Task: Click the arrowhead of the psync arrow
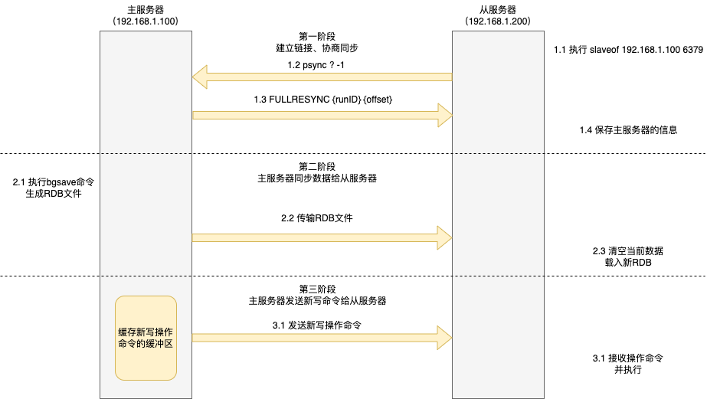point(201,77)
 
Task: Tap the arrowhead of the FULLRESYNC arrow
point(444,115)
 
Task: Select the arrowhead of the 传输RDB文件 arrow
point(444,237)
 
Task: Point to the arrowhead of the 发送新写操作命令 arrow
point(444,337)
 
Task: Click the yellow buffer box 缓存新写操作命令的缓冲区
point(146,338)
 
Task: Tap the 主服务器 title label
point(146,8)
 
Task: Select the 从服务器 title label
point(497,8)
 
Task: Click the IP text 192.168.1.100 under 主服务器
point(146,21)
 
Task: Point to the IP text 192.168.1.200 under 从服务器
point(497,21)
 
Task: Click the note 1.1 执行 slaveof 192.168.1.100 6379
point(628,49)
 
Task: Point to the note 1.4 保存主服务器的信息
point(628,130)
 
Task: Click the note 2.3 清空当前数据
point(628,250)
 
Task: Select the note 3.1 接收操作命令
point(628,358)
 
